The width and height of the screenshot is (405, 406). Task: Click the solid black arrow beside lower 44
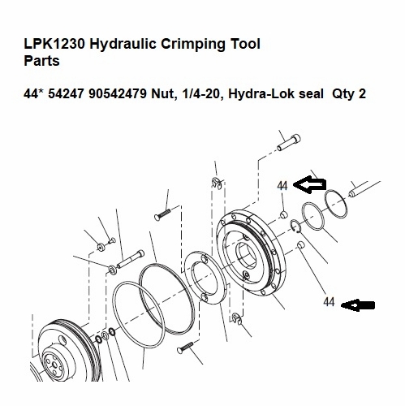[358, 304]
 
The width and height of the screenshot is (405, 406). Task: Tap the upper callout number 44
[282, 185]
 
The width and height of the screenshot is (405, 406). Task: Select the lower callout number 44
[329, 302]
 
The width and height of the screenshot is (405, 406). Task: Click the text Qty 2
[347, 94]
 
